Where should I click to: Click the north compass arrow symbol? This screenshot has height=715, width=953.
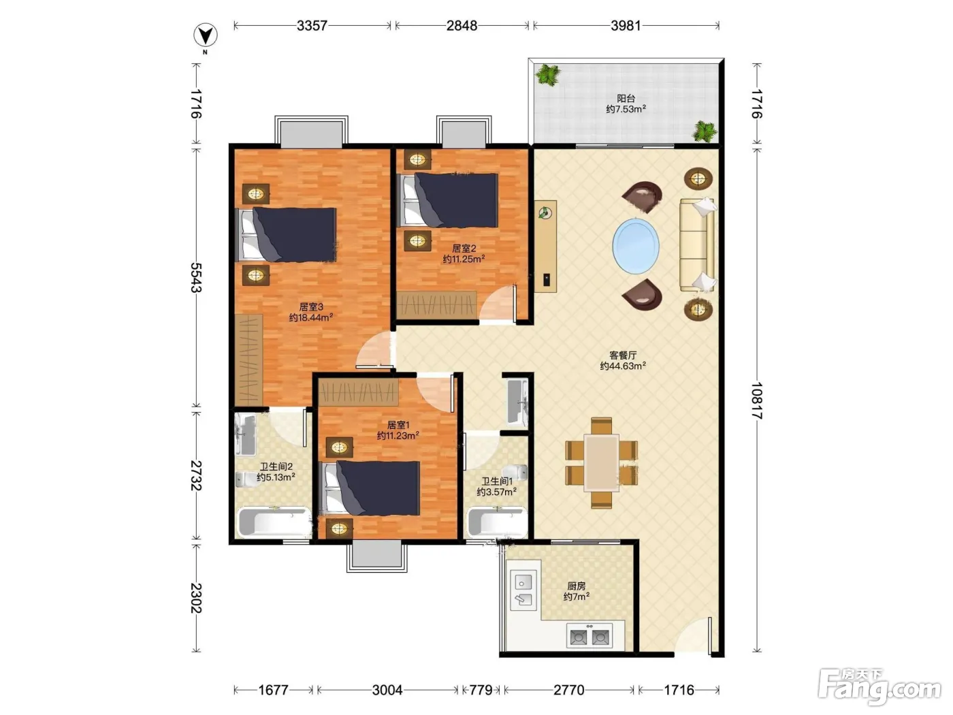[x=206, y=35]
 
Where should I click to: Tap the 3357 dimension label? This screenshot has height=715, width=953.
[x=312, y=26]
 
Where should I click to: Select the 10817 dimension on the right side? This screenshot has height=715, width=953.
[x=757, y=400]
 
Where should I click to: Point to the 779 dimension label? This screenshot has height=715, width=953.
[x=481, y=690]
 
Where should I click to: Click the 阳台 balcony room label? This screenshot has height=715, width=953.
[x=626, y=99]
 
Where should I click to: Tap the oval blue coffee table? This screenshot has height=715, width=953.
[x=636, y=246]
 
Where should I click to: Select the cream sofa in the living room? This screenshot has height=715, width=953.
[x=697, y=244]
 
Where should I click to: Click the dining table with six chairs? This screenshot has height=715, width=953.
[x=601, y=463]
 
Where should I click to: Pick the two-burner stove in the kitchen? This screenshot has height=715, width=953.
[x=589, y=637]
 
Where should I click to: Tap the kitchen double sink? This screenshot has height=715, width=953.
[x=523, y=590]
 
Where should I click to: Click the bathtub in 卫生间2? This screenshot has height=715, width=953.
[x=273, y=522]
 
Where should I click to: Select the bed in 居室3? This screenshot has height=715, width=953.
[x=286, y=235]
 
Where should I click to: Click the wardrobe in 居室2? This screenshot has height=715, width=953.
[x=436, y=305]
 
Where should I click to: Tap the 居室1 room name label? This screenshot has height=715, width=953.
[x=398, y=424]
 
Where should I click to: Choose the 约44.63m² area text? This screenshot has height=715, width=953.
[x=623, y=366]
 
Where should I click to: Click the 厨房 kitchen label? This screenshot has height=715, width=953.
[x=576, y=586]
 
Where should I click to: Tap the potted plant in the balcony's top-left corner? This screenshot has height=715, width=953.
[x=547, y=75]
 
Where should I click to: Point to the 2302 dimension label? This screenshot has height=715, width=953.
[x=196, y=598]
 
